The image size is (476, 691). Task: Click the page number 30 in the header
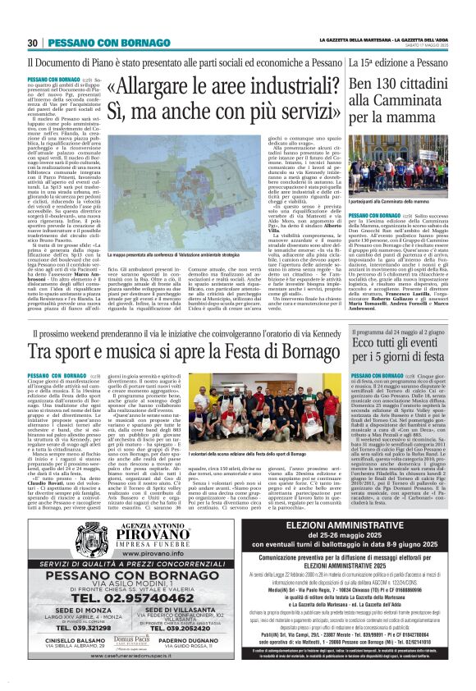[33, 43]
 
